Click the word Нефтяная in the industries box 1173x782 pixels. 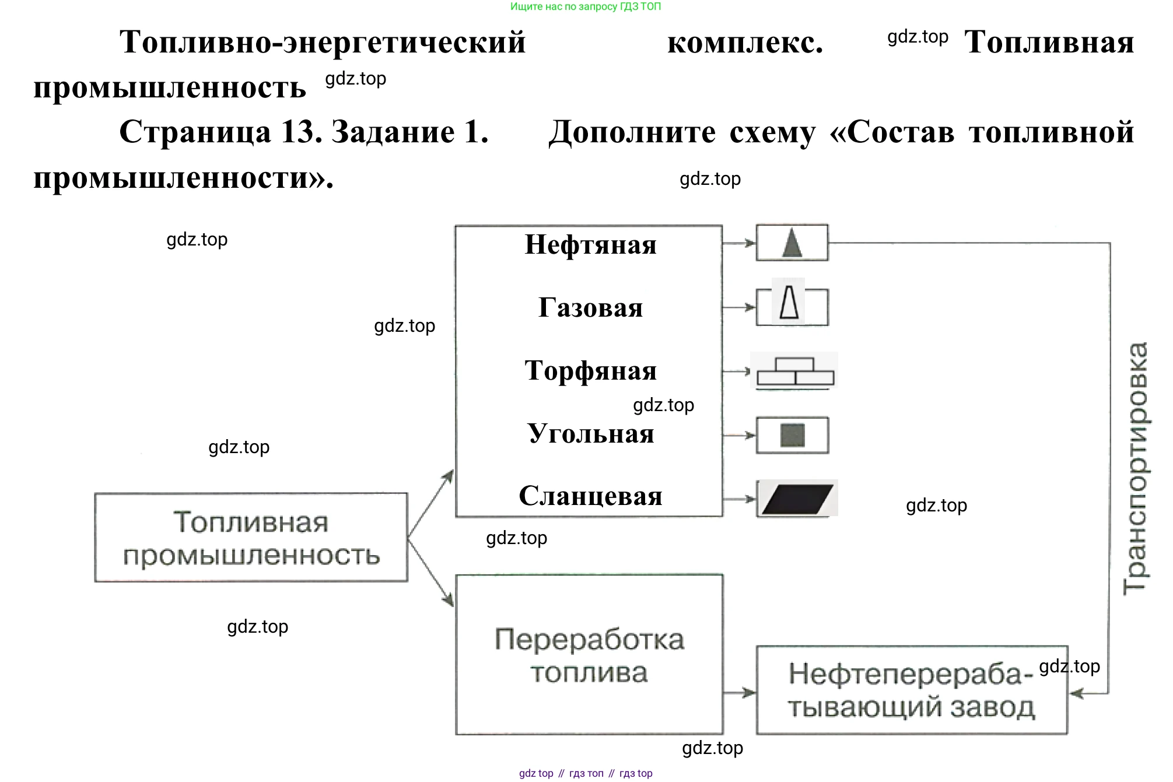pyautogui.click(x=590, y=245)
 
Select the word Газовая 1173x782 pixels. pyautogui.click(x=590, y=308)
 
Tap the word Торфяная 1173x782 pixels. pyautogui.click(x=590, y=371)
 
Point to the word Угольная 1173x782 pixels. pyautogui.click(x=590, y=434)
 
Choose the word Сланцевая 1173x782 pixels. pyautogui.click(x=590, y=496)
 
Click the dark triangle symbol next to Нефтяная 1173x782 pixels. pyautogui.click(x=792, y=243)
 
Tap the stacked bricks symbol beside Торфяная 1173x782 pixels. pyautogui.click(x=795, y=371)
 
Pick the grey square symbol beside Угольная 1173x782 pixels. pyautogui.click(x=792, y=435)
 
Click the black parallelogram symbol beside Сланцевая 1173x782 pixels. pyautogui.click(x=797, y=499)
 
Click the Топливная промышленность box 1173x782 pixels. pyautogui.click(x=251, y=538)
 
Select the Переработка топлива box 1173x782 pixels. pyautogui.click(x=589, y=655)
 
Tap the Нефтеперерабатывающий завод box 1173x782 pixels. pyautogui.click(x=912, y=690)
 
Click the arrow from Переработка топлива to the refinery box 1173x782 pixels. pyautogui.click(x=740, y=693)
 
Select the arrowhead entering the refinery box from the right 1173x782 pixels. pyautogui.click(x=1077, y=693)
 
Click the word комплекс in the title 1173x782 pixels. pyautogui.click(x=745, y=43)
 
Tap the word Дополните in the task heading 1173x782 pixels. pyautogui.click(x=632, y=132)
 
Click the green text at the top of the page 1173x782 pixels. pyautogui.click(x=586, y=6)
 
